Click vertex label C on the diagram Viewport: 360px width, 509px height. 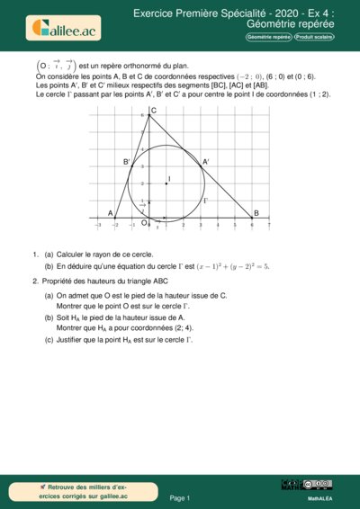pos(154,111)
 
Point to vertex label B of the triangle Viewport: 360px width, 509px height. pos(256,213)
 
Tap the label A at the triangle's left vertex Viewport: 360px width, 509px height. pos(111,213)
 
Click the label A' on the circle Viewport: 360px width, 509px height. pos(206,162)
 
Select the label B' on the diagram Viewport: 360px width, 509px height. pos(128,162)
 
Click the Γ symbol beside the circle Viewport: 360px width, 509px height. pos(205,201)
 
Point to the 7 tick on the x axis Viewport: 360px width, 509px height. pos(268,224)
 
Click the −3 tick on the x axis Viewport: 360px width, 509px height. pos(98,224)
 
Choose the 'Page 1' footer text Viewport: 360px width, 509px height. pos(180,497)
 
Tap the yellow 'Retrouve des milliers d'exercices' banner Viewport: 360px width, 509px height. pos(85,491)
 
